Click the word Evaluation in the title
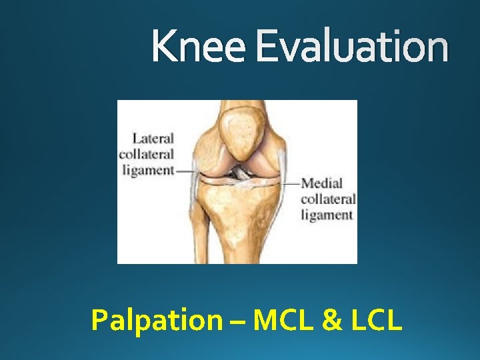(352, 47)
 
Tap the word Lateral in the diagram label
(153, 139)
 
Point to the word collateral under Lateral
(147, 154)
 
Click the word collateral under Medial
(328, 199)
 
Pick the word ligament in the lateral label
(148, 169)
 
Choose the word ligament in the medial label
(327, 215)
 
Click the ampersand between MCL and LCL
(329, 320)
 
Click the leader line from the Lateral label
(185, 171)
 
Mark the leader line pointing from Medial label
(291, 182)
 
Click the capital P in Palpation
(98, 320)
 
